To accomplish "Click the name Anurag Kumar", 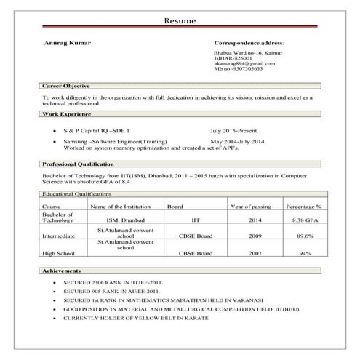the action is pos(67,44).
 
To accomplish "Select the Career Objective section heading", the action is pos(66,87).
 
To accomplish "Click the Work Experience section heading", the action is pos(65,114).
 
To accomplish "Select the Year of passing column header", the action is pos(250,207).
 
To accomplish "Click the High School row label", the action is pos(59,254).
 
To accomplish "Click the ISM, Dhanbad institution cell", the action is pos(125,220).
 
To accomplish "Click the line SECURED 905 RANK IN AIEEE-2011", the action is pos(113,291).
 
